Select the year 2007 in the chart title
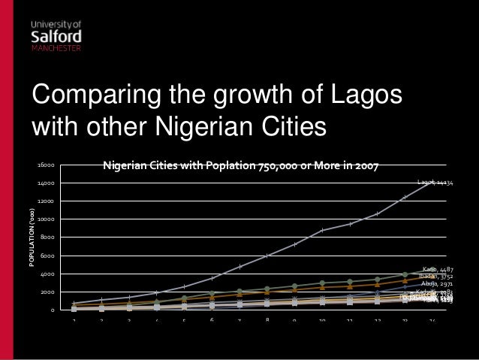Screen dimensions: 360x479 [365, 164]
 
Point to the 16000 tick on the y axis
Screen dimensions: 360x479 [46, 164]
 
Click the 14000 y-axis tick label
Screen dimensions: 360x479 [46, 183]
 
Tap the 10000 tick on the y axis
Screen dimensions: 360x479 [46, 219]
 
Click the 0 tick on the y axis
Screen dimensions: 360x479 [52, 310]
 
